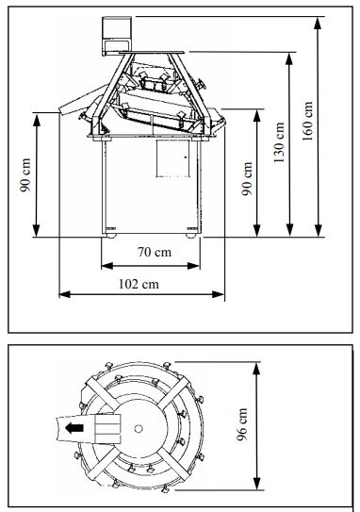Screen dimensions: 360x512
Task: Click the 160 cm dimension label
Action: [307, 121]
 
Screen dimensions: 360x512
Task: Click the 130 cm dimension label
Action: [279, 142]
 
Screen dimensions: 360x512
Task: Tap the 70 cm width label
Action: [154, 252]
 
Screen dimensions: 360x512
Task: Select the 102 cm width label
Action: [139, 284]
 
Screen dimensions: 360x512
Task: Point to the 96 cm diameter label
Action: [242, 424]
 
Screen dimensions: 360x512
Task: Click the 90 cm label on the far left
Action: [25, 175]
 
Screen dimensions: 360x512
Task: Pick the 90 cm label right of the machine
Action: [247, 178]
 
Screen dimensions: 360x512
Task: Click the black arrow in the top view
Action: [74, 428]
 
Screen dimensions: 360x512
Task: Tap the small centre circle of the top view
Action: [139, 428]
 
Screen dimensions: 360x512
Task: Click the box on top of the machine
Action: [117, 36]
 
